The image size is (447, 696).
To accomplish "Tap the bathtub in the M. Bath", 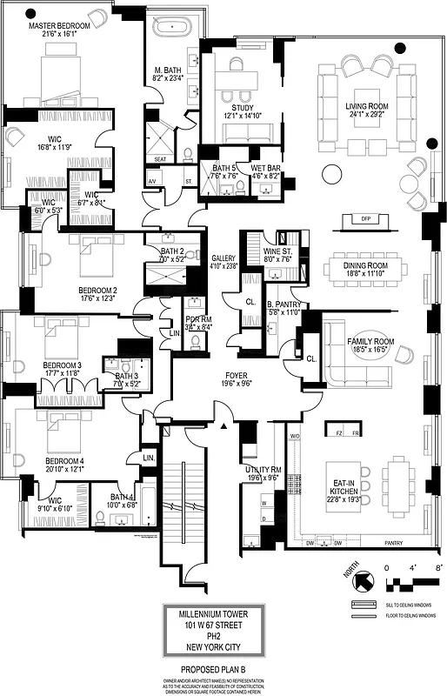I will (x=176, y=26).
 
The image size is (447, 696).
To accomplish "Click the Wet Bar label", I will (x=264, y=167).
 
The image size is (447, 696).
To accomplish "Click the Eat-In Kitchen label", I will (x=346, y=489).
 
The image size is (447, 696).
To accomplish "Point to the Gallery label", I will (x=224, y=258).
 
